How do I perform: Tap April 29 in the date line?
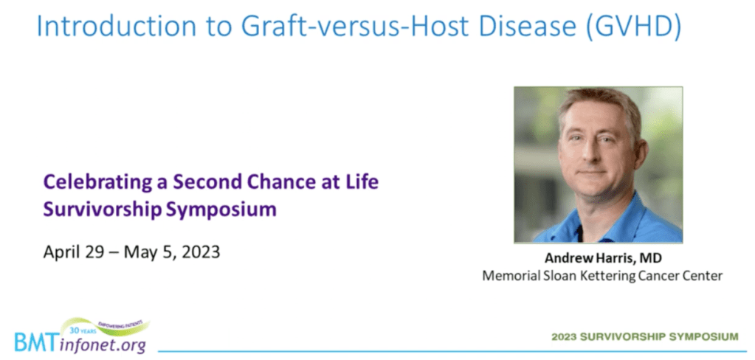[74, 252]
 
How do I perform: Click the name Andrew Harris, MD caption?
[603, 258]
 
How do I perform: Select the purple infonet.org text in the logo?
[104, 345]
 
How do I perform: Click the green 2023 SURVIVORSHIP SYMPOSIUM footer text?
[645, 336]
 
